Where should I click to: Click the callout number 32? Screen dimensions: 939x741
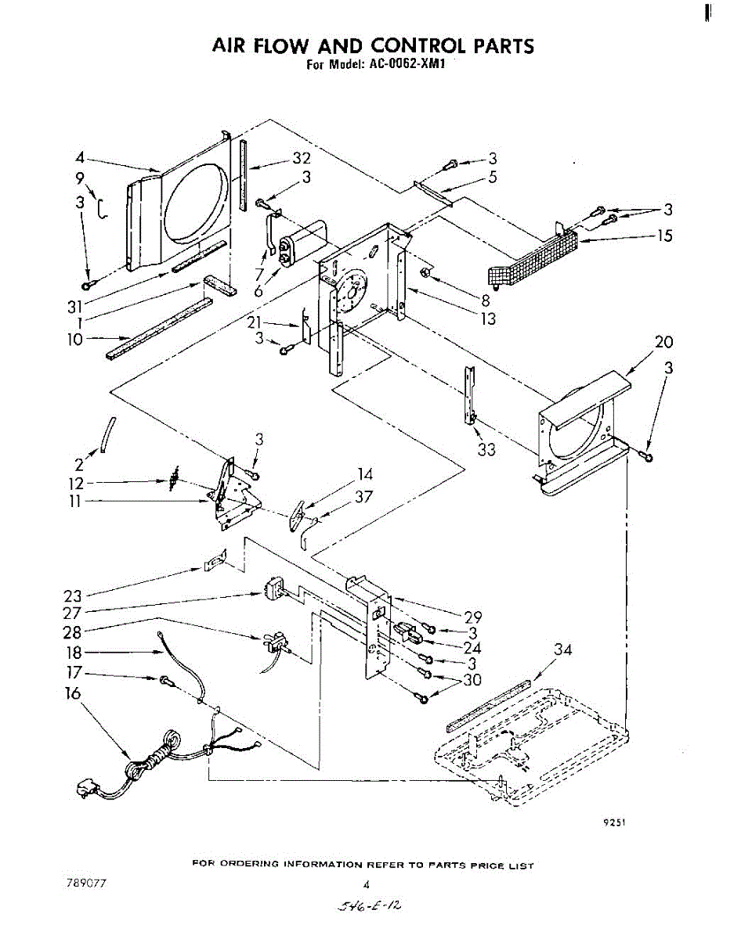coord(302,158)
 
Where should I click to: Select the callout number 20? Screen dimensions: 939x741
coord(664,342)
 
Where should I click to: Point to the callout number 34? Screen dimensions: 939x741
coord(562,649)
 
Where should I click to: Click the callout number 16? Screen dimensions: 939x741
coord(72,693)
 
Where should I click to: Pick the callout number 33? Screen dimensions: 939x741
coord(486,450)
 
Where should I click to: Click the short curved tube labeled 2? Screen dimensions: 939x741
coord(107,434)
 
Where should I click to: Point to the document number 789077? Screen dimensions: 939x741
coord(87,883)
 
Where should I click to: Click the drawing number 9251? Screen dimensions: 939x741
coord(614,822)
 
